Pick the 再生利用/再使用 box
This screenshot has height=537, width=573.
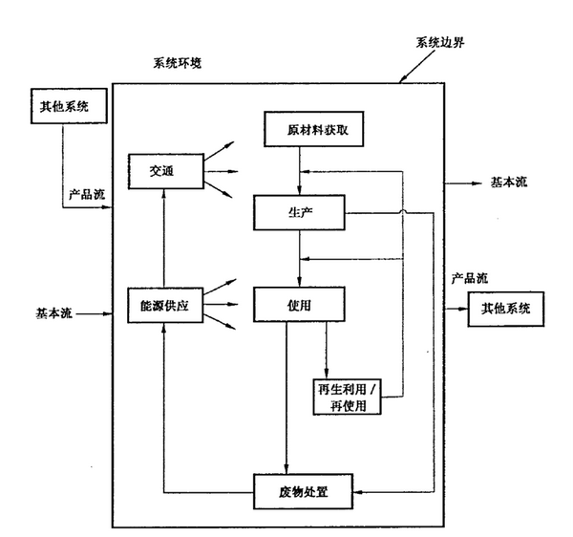(349, 397)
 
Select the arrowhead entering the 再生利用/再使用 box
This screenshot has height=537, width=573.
(327, 372)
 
